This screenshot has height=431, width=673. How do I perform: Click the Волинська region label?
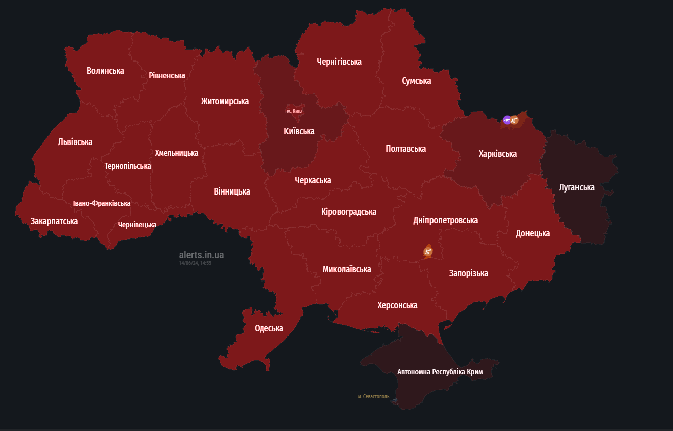coord(105,71)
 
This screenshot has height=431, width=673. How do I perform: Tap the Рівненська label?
coord(167,75)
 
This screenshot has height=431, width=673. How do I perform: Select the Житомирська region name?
coord(224,101)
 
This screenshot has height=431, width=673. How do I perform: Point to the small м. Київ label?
coord(294,111)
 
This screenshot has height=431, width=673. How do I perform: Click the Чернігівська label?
coord(339,62)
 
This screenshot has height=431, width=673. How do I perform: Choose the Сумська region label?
coord(416,81)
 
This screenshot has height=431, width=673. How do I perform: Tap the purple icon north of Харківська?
coord(507,120)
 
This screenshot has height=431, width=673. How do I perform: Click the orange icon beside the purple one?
coord(514,120)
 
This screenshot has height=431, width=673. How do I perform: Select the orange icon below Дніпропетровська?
coord(428,251)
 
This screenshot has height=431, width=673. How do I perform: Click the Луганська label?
coord(576,187)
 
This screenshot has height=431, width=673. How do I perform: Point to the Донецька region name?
coord(533,233)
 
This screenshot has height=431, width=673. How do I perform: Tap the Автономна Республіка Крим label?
coord(440,372)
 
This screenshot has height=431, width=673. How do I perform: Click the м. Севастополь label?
coord(373,397)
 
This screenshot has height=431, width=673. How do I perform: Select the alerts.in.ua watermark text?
coord(201,255)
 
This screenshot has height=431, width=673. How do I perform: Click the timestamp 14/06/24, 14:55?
coord(195,263)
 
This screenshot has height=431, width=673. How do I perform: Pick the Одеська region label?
coord(269,328)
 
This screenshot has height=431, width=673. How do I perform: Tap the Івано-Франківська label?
coord(102,203)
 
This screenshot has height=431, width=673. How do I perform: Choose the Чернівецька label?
coord(137,225)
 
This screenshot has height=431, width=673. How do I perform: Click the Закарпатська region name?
coord(54,221)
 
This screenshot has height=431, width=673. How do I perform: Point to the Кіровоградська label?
coord(349,212)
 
